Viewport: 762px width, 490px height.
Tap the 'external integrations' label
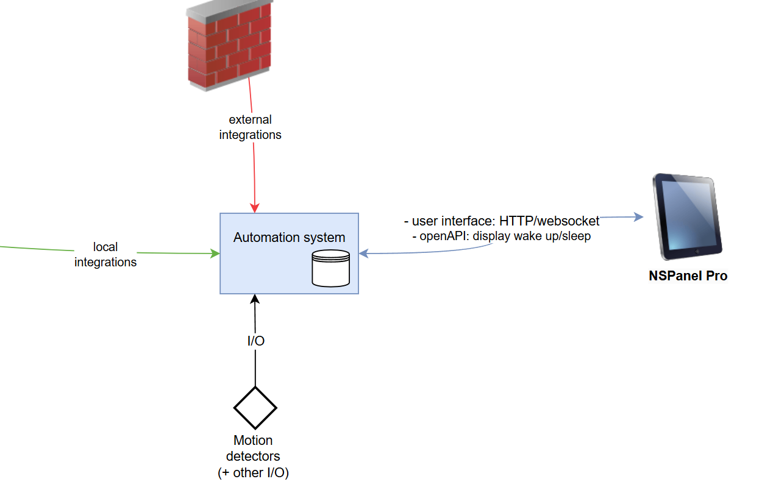pyautogui.click(x=250, y=127)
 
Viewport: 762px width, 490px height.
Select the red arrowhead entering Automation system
pyautogui.click(x=255, y=208)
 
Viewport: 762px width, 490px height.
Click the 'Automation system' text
pyautogui.click(x=289, y=237)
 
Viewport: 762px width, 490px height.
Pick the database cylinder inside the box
pyautogui.click(x=331, y=268)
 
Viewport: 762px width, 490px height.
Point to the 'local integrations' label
pyautogui.click(x=105, y=255)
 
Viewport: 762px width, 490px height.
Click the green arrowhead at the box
pyautogui.click(x=215, y=253)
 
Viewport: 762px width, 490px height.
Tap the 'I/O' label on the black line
pyautogui.click(x=256, y=341)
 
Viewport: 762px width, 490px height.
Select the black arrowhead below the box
pyautogui.click(x=255, y=299)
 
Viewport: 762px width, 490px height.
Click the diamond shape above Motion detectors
pyautogui.click(x=255, y=407)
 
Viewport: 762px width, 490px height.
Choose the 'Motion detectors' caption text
pyautogui.click(x=253, y=448)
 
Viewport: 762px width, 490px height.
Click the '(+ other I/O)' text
pyautogui.click(x=253, y=472)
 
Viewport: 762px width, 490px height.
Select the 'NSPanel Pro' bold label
pyautogui.click(x=688, y=275)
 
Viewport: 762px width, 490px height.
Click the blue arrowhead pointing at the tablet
pyautogui.click(x=639, y=217)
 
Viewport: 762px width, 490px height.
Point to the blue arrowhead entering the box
pyautogui.click(x=364, y=254)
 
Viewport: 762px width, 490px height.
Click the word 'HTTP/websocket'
pyautogui.click(x=549, y=221)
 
